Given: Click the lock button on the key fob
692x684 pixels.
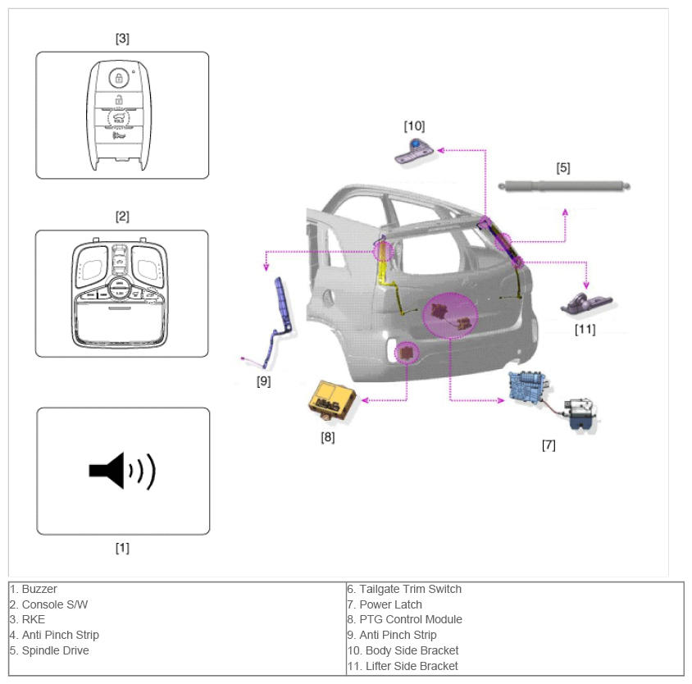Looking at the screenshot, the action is (x=119, y=78).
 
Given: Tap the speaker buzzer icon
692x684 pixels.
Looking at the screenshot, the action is (x=122, y=471).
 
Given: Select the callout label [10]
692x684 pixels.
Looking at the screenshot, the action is (x=414, y=126).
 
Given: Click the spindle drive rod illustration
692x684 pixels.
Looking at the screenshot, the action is (x=564, y=186).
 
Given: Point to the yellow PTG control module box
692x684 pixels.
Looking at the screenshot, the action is (x=332, y=399).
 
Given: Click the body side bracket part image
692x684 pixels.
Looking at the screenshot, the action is (x=414, y=151).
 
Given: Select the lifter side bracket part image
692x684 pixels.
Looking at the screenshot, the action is (x=586, y=303).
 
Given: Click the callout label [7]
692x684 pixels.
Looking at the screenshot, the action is (x=549, y=445).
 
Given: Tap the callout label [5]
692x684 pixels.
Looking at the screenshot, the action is (x=563, y=168).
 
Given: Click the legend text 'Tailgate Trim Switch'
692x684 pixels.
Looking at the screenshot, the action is (x=411, y=589).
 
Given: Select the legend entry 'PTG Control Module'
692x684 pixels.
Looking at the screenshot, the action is (x=411, y=619).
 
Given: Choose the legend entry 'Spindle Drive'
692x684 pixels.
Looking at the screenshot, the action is (x=55, y=650).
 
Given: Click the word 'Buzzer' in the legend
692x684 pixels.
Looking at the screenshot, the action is (x=39, y=589).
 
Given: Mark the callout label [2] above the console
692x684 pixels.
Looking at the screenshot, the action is (x=122, y=217).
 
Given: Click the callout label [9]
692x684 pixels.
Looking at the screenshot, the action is (x=263, y=381).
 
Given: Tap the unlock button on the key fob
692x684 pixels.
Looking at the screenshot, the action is (x=119, y=100).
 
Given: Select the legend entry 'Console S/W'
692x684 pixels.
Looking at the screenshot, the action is (x=55, y=604).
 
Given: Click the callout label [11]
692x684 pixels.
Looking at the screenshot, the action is (x=585, y=330).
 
